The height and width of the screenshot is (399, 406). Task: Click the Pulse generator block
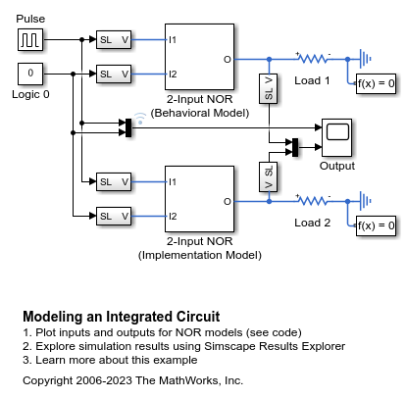30,40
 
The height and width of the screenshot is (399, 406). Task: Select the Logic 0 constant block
30,74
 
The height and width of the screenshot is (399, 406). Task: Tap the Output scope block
337,137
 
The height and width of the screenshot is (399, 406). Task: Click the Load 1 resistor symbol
313,59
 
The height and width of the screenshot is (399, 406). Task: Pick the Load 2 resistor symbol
313,201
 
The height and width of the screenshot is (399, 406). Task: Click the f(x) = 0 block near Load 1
376,83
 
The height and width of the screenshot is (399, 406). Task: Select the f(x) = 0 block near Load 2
376,225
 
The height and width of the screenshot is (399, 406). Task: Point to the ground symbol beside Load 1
365,59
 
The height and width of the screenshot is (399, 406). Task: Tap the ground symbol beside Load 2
365,201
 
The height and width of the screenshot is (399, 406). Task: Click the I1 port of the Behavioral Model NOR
173,40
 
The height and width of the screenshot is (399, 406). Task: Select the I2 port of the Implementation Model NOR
173,216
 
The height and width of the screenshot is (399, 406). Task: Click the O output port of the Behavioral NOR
228,60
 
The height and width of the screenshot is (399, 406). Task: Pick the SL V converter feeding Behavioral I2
114,74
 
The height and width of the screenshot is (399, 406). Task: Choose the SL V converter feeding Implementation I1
114,181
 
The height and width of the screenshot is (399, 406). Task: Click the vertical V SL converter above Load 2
269,176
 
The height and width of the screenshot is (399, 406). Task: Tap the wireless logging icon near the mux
140,119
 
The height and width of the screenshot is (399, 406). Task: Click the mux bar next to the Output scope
295,147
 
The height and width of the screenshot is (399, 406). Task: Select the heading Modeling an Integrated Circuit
122,317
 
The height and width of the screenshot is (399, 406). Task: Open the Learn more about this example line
110,360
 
